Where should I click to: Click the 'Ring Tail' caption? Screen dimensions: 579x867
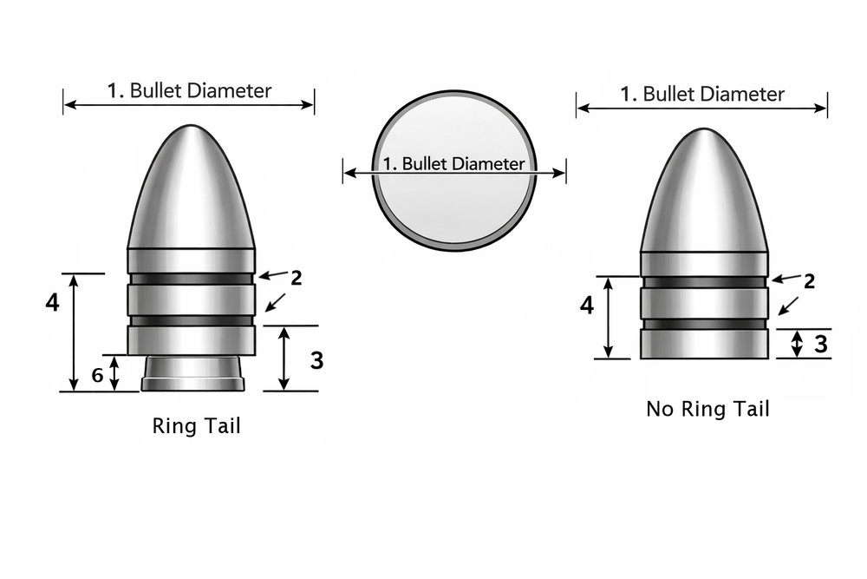[x=196, y=426]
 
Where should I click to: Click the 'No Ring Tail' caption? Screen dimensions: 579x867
[x=707, y=409]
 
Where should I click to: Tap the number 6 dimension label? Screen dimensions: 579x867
[x=97, y=375]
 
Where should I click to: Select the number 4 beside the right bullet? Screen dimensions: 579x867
[x=587, y=306]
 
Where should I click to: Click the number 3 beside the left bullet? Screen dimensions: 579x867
[x=316, y=359]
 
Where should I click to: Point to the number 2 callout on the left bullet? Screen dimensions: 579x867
[x=296, y=278]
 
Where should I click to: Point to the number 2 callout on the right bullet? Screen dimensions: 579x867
[x=809, y=281]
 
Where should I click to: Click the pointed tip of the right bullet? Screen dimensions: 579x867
[x=704, y=132]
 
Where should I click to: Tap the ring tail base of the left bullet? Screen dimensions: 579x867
[x=192, y=374]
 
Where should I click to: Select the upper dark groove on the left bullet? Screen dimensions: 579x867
[x=191, y=279]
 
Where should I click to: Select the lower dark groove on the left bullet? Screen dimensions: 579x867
[x=191, y=320]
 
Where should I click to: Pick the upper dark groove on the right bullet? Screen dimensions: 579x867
[x=704, y=282]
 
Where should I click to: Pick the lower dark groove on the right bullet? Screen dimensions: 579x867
[x=704, y=324]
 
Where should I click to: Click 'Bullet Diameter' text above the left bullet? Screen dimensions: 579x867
[x=200, y=90]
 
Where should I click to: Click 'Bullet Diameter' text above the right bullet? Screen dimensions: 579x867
[x=714, y=94]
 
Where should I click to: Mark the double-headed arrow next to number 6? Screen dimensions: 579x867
[x=114, y=373]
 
